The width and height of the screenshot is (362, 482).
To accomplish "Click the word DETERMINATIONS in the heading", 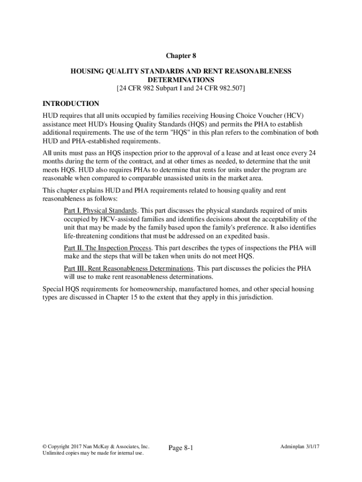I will tap(181, 80).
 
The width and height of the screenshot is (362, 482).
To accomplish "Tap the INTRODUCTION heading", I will tap(71, 104).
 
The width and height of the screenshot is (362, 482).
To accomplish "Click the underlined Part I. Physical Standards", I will tap(100, 210).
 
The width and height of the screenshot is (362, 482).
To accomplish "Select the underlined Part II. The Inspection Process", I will tap(107, 248).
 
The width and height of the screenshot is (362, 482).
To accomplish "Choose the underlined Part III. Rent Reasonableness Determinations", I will tap(128, 268).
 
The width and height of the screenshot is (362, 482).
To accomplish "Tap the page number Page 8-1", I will tap(181, 448).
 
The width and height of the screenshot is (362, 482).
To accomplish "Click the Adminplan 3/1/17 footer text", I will tap(299, 446).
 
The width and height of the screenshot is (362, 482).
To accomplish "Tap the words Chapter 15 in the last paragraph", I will tap(122, 298).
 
